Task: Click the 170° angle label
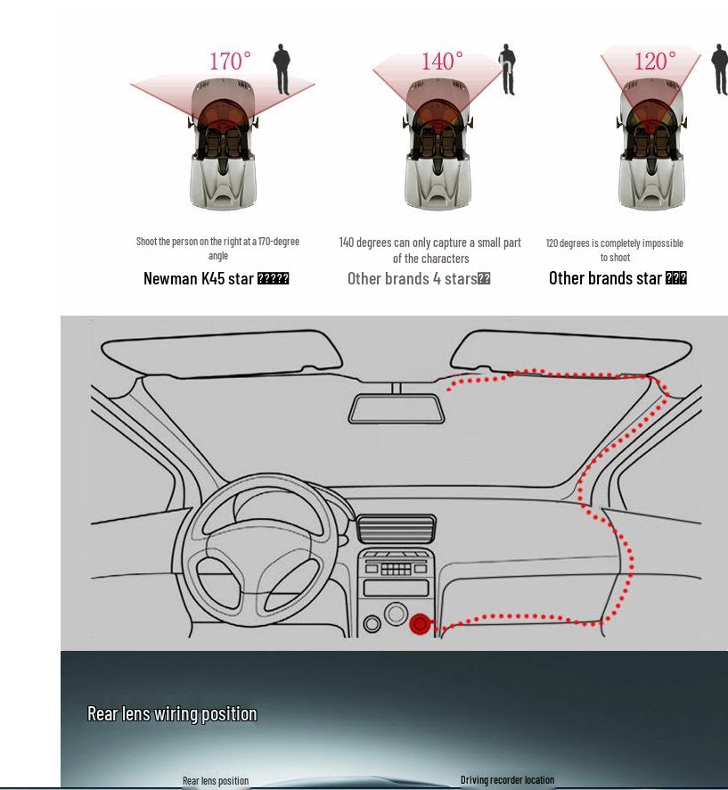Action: tap(230, 62)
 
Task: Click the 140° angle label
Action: tap(442, 62)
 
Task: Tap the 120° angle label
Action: tap(655, 62)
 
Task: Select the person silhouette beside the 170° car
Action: tap(282, 69)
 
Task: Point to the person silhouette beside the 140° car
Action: tap(507, 69)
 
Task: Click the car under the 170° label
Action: tap(223, 147)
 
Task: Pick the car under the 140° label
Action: tap(438, 147)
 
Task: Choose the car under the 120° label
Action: tap(651, 147)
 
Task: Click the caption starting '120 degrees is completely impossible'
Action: tap(614, 250)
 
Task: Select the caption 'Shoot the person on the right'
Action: tap(217, 248)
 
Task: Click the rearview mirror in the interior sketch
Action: tap(396, 408)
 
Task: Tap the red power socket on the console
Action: tap(420, 624)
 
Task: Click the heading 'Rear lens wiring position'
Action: tap(172, 713)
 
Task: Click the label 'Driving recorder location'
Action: tap(507, 779)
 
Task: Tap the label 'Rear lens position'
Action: tap(216, 780)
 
